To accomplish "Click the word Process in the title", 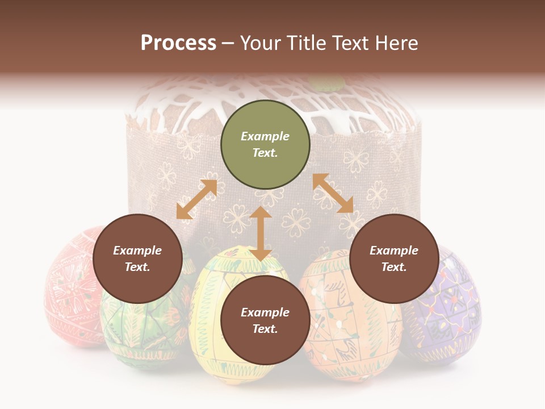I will click(178, 43).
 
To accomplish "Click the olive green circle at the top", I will click(265, 145).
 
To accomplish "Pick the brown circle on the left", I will click(137, 259).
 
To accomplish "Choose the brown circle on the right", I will click(394, 259).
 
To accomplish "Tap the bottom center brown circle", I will click(265, 321).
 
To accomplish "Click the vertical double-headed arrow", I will click(261, 233).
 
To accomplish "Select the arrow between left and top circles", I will click(196, 199).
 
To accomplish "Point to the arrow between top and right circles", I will click(333, 193).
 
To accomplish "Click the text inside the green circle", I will click(265, 145).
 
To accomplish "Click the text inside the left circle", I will click(137, 259).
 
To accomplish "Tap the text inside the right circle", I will click(394, 259).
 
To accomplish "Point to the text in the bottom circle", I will click(265, 321).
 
